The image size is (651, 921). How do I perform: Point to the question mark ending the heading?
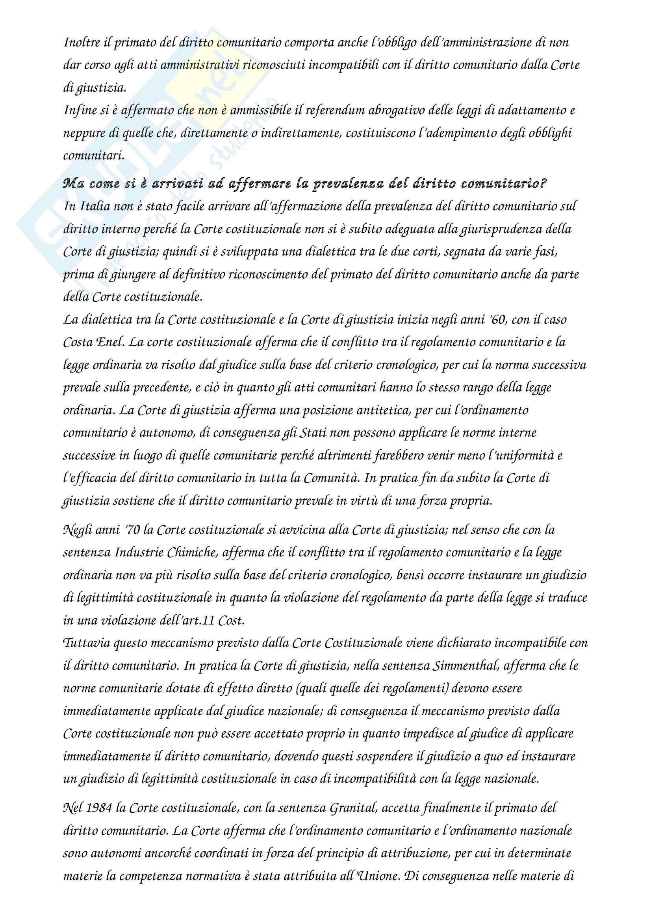(x=543, y=184)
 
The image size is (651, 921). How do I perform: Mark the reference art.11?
(x=198, y=621)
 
